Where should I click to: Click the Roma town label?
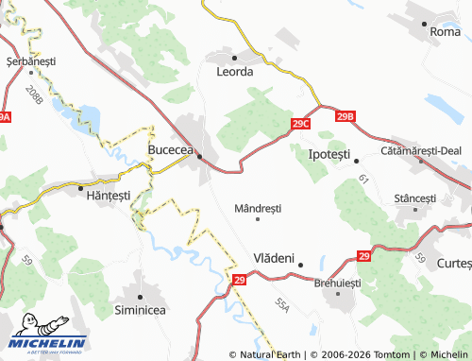point(445,31)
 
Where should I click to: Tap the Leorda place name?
point(235,71)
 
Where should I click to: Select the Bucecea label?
point(171,150)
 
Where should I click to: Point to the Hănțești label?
point(111,195)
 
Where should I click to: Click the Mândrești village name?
point(258,208)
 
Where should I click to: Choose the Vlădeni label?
point(275,257)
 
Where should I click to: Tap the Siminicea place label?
point(141,308)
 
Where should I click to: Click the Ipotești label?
point(329,153)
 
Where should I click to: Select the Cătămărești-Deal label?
point(421,150)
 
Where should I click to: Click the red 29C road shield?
point(301,124)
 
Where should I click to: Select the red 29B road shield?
point(346,116)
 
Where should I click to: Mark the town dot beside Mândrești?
point(258,219)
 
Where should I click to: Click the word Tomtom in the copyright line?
point(388,354)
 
